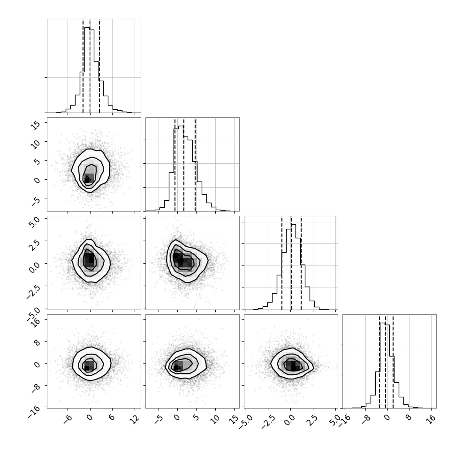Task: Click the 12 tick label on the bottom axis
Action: click(134, 419)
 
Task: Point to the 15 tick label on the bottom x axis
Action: click(234, 419)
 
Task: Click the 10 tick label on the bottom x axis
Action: click(215, 419)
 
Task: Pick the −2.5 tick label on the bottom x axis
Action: click(268, 422)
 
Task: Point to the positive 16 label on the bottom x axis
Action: click(431, 419)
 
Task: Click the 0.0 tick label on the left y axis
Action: click(34, 265)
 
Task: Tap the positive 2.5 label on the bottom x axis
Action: click(313, 420)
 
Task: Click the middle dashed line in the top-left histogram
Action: click(90, 66)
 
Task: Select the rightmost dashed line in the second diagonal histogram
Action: click(195, 164)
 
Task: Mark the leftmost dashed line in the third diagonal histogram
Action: click(282, 263)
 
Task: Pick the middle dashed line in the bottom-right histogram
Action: click(386, 361)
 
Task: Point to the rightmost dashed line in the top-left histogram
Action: click(99, 66)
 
